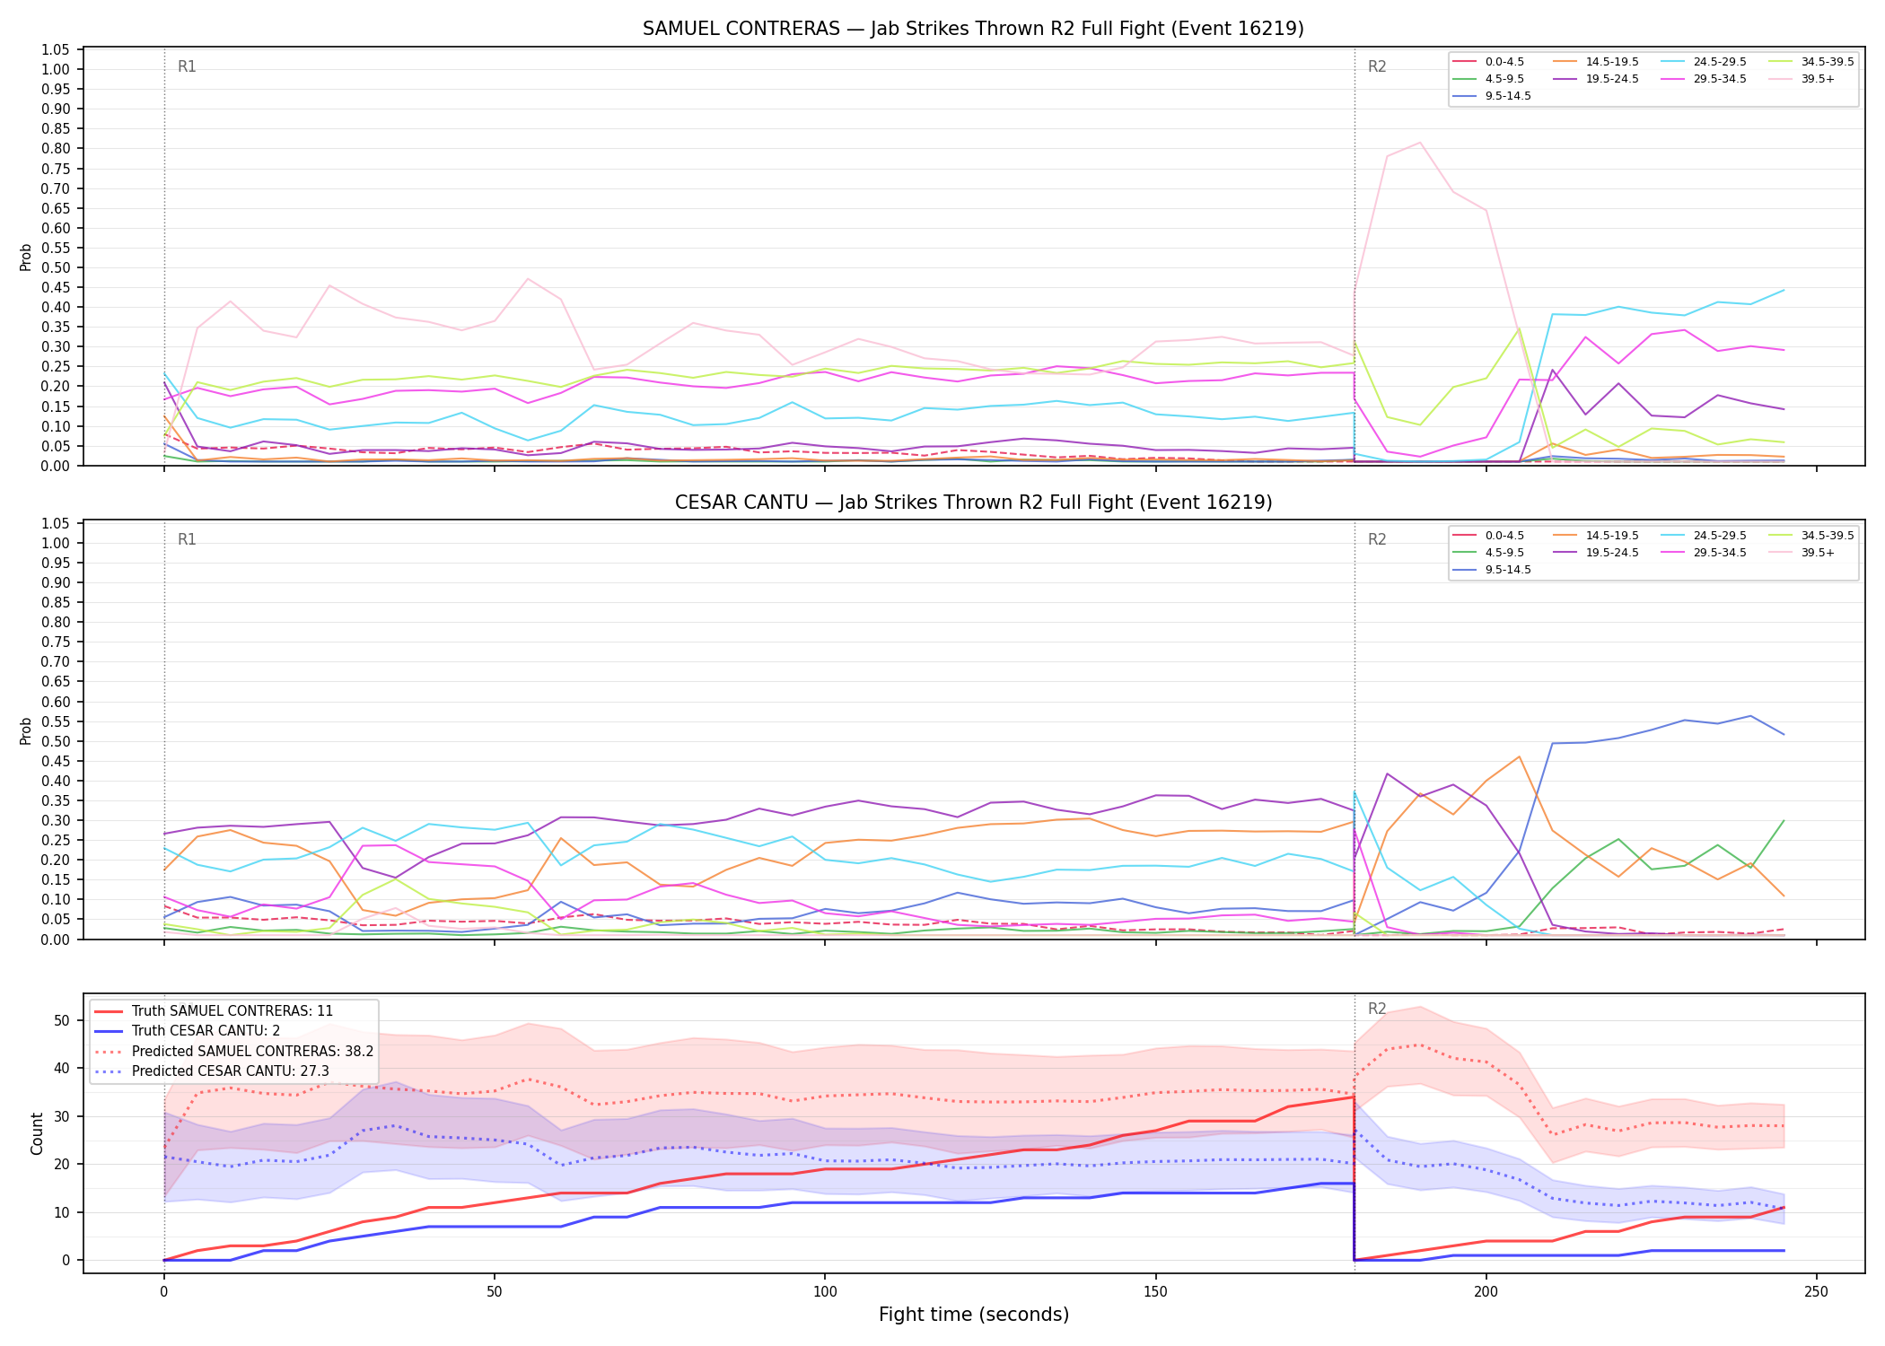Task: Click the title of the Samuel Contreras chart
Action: [973, 29]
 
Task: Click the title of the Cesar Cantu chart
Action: [973, 503]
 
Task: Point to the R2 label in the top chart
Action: [1377, 66]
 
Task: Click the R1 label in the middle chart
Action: [187, 539]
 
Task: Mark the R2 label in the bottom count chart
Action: [1377, 1009]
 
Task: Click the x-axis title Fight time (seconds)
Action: [974, 1315]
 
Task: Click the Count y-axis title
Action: [37, 1133]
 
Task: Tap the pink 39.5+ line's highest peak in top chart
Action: [1419, 143]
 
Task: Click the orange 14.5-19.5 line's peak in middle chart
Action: [1519, 756]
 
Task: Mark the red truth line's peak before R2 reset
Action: [1354, 1097]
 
